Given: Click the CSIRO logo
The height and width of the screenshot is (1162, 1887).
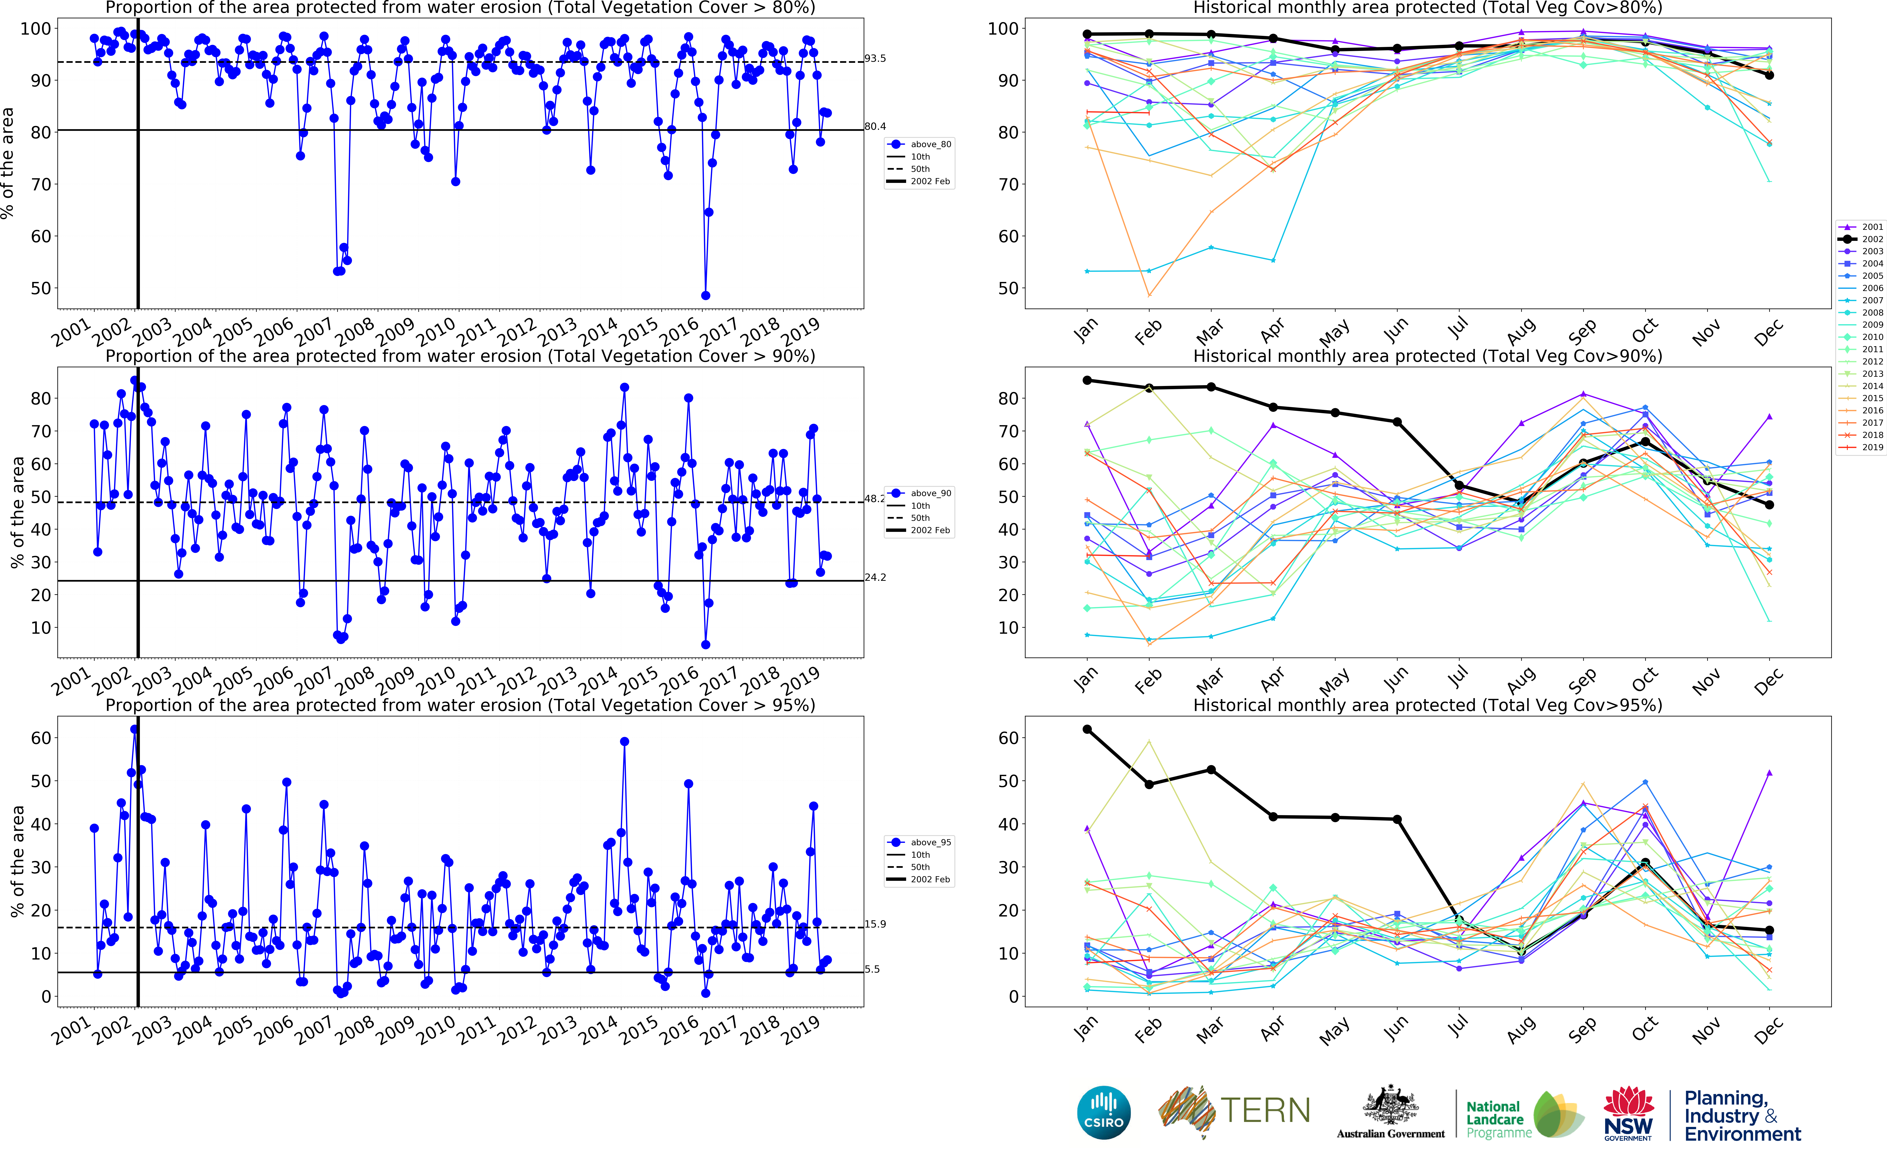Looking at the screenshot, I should (1104, 1112).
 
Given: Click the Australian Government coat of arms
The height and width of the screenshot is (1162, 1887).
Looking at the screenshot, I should (1391, 1107).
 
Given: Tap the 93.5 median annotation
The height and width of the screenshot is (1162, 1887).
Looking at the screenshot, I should (875, 58).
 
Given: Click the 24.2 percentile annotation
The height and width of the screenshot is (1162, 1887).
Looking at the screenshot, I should (875, 577).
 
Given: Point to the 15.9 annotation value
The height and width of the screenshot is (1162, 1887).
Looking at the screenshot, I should (875, 924).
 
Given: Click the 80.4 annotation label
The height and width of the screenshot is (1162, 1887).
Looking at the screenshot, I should (875, 126).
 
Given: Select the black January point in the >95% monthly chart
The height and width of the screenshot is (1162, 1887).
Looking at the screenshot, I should (1087, 729).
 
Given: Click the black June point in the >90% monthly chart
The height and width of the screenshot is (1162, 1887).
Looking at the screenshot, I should (1397, 422).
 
